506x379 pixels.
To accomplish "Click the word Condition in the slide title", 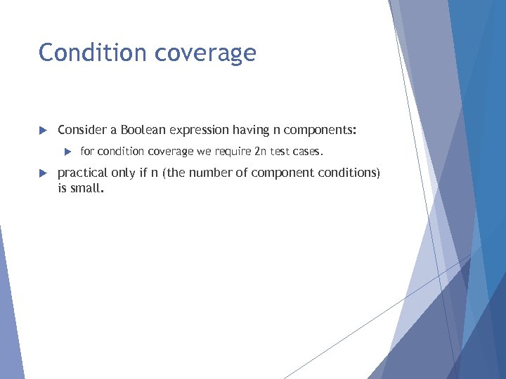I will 83,53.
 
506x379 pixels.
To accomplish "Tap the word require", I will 233,152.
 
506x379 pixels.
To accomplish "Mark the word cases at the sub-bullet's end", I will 310,152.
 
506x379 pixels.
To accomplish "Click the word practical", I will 82,173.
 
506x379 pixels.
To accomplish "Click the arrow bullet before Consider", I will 42,131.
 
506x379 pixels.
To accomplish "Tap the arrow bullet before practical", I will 42,173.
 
